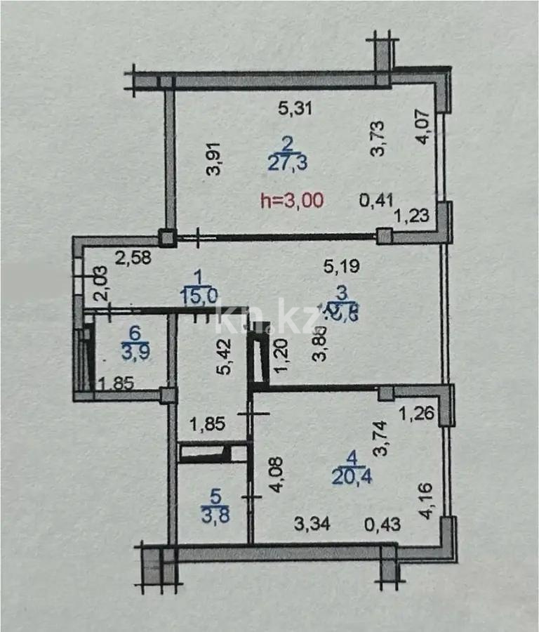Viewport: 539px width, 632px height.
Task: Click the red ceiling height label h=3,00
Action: pos(291,199)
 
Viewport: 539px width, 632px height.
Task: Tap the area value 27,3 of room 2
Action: pos(286,163)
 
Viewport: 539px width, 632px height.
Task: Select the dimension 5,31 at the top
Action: pos(295,108)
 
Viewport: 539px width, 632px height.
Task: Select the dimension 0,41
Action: pos(376,200)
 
